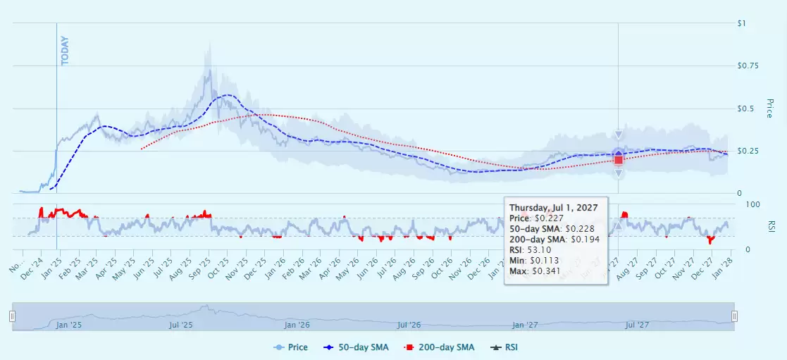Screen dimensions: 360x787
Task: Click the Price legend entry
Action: pos(292,347)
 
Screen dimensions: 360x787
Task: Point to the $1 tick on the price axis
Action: pos(741,24)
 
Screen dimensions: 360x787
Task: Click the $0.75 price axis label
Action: pos(746,66)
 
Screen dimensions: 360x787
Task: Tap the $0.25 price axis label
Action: pos(746,151)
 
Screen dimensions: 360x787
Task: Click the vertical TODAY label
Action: pos(66,51)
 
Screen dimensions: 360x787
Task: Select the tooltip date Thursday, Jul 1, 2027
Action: pos(553,208)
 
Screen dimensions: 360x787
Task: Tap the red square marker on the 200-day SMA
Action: pos(619,160)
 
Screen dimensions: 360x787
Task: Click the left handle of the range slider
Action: pos(12,317)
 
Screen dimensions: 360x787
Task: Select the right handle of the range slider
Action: pos(734,317)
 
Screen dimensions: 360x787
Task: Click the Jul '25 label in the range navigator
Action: pos(181,325)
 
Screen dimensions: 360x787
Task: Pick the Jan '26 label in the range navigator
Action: pos(296,325)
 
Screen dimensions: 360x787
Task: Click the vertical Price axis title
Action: pos(769,108)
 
